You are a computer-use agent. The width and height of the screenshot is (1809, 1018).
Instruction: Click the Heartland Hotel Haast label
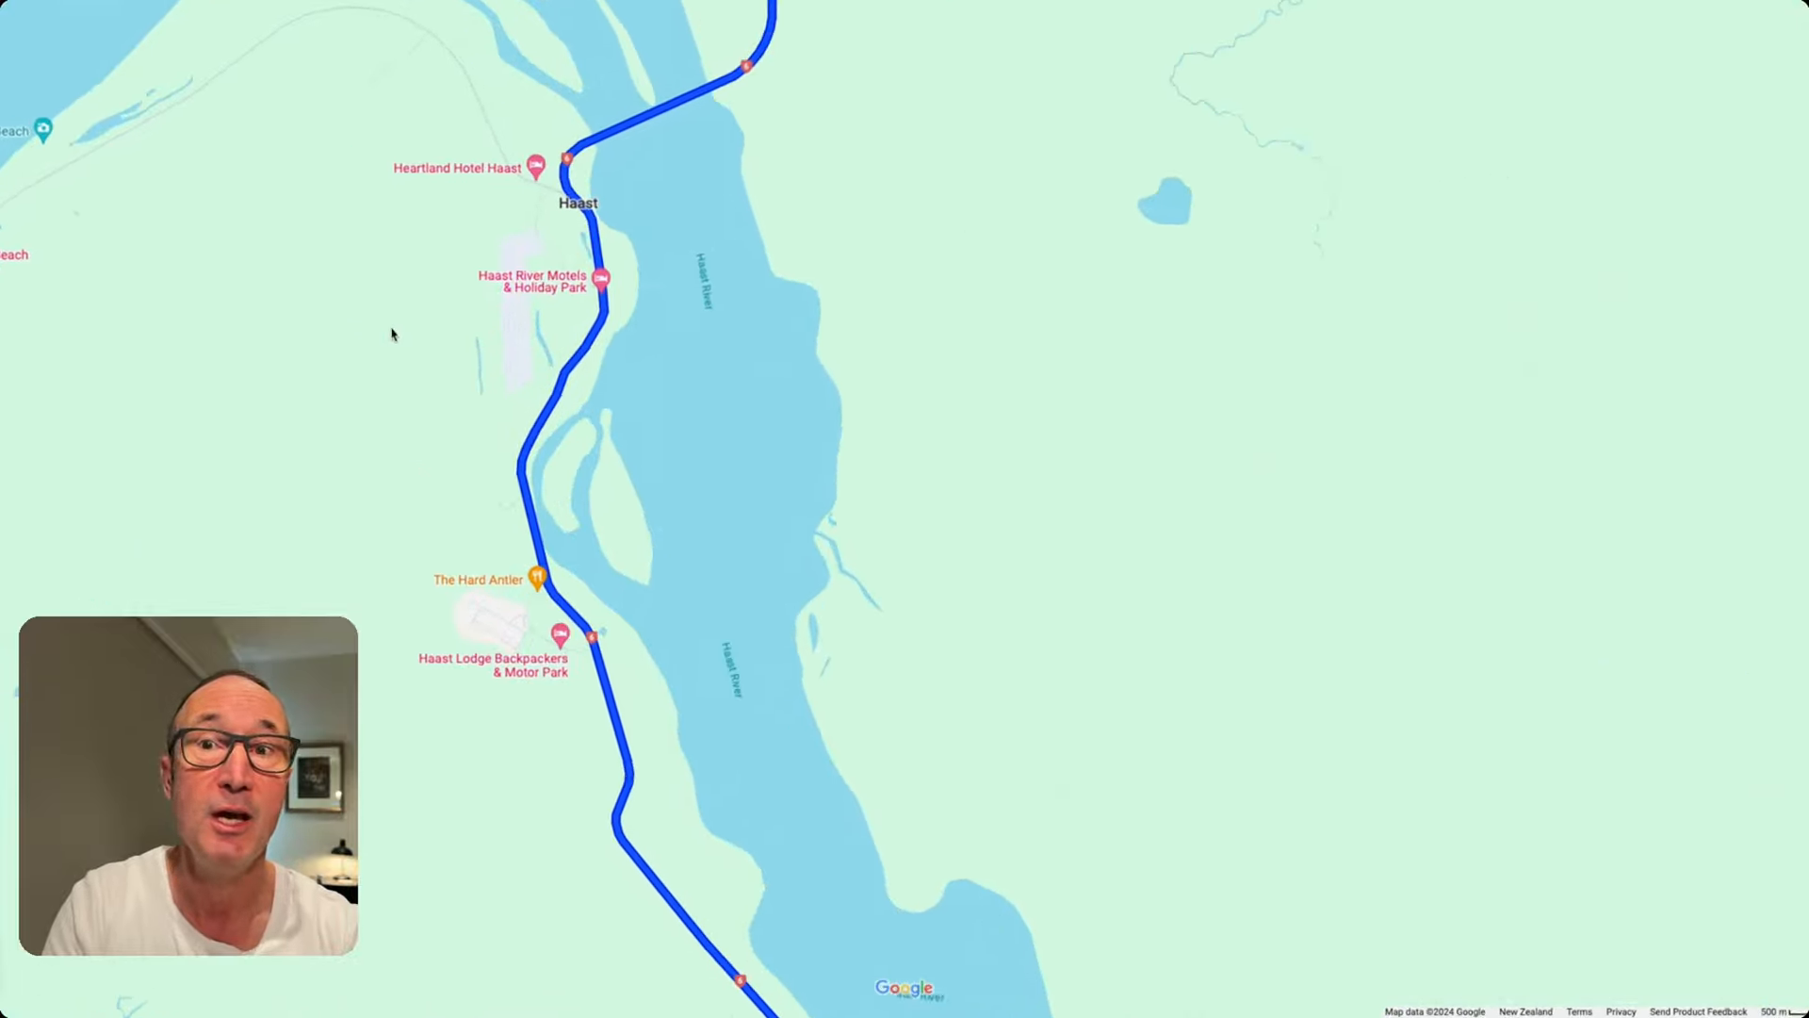click(x=457, y=169)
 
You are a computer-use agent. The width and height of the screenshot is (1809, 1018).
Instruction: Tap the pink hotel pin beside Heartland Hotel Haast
click(x=536, y=167)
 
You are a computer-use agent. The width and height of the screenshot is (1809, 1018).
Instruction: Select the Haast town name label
click(x=578, y=204)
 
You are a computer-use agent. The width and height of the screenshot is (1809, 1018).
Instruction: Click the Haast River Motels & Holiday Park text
click(x=532, y=282)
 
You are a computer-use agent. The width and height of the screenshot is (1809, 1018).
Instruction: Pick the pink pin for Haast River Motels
click(x=601, y=278)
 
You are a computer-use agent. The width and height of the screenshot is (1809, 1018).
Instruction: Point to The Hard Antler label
click(x=478, y=581)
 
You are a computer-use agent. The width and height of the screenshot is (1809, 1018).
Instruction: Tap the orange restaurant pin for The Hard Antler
click(x=537, y=577)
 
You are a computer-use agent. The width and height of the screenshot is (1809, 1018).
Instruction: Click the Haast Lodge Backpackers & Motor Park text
click(x=494, y=665)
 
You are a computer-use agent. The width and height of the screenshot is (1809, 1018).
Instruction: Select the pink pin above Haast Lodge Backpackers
click(x=561, y=633)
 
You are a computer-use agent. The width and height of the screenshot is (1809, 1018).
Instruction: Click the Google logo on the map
click(x=904, y=988)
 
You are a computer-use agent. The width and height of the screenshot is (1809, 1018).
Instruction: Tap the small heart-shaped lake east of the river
click(x=1165, y=202)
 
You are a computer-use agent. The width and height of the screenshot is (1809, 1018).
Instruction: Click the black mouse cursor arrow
click(x=394, y=335)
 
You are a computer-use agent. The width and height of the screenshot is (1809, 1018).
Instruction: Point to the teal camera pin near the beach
click(x=42, y=128)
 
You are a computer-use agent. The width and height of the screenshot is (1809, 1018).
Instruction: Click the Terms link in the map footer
click(x=1579, y=1011)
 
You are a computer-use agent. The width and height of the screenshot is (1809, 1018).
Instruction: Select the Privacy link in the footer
click(x=1621, y=1011)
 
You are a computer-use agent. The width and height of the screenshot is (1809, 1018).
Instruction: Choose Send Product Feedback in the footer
click(x=1698, y=1011)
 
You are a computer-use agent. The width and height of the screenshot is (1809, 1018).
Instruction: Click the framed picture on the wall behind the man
click(x=315, y=779)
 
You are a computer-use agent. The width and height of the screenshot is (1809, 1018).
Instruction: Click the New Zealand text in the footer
click(x=1525, y=1011)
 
